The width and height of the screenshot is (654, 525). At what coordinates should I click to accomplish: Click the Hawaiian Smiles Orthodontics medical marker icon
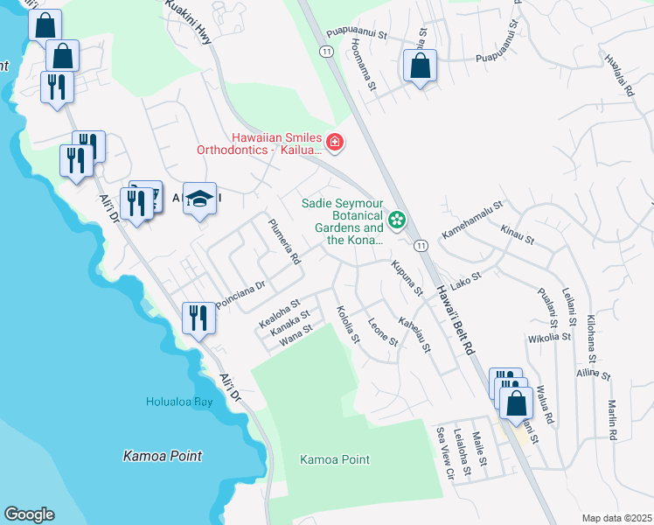coord(334,142)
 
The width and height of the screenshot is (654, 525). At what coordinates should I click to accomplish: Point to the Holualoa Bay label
coord(179,402)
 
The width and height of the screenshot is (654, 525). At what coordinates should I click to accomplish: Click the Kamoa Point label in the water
coord(163,456)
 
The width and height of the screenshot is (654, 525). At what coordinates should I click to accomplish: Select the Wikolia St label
coord(550,336)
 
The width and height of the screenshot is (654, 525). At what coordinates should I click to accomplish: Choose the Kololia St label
coord(347,324)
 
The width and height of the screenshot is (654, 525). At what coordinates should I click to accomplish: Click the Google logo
coord(29,514)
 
